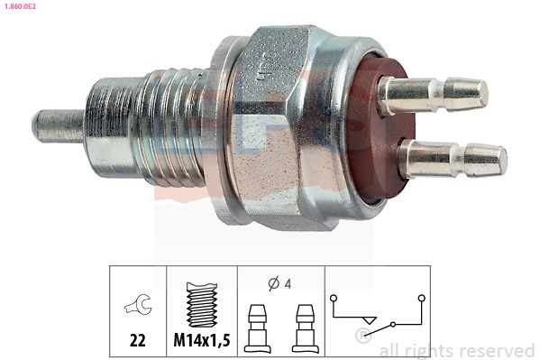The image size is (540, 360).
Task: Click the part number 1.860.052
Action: [20, 5]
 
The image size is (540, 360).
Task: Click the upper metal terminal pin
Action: [433, 95]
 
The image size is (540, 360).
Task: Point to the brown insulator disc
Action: [379, 131]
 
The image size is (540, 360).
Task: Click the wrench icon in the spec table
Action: [138, 303]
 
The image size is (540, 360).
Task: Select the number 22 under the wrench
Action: [138, 340]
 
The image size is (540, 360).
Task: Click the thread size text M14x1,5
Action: [202, 340]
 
